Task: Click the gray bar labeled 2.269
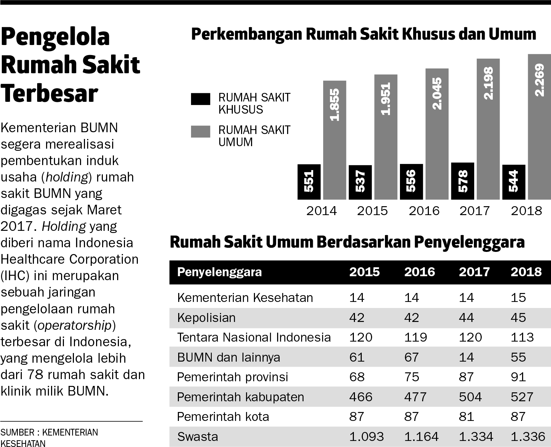pyautogui.click(x=539, y=127)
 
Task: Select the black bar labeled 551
pyautogui.click(x=309, y=182)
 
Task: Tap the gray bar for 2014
pyautogui.click(x=335, y=140)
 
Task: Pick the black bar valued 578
pyautogui.click(x=462, y=181)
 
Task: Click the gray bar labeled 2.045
pyautogui.click(x=437, y=134)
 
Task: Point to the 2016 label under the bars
pyautogui.click(x=424, y=211)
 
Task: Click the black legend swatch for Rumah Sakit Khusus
pyautogui.click(x=201, y=99)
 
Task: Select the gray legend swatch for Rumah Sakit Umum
pyautogui.click(x=201, y=131)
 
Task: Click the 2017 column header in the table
pyautogui.click(x=474, y=272)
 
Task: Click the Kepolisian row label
pyautogui.click(x=206, y=317)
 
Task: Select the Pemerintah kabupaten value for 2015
pyautogui.click(x=361, y=397)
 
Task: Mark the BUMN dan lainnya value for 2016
pyautogui.click(x=412, y=357)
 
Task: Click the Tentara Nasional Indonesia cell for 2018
pyautogui.click(x=522, y=337)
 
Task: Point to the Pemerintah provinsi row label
pyautogui.click(x=232, y=377)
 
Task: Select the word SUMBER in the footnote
pyautogui.click(x=17, y=432)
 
